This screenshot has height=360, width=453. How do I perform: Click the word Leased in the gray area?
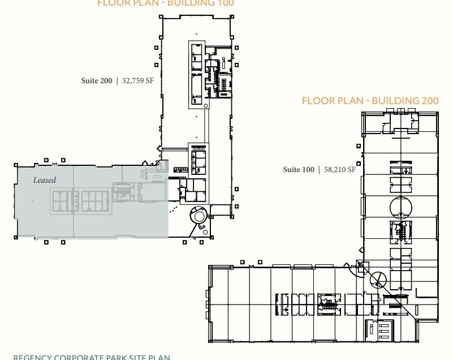(45, 180)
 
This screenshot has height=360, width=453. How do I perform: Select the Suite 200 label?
(97, 81)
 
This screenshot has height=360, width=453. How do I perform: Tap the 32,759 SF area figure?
(138, 81)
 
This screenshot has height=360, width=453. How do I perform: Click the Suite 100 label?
(299, 169)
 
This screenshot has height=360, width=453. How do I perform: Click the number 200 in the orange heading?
(428, 101)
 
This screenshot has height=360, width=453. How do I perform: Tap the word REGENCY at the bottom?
(32, 357)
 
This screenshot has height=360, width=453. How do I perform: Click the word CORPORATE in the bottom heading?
(79, 357)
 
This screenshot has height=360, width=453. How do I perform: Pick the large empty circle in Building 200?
(400, 207)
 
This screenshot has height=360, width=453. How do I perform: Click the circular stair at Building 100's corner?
(199, 216)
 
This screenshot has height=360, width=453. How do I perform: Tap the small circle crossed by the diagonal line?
(378, 278)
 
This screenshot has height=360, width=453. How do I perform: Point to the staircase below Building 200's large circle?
(400, 232)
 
